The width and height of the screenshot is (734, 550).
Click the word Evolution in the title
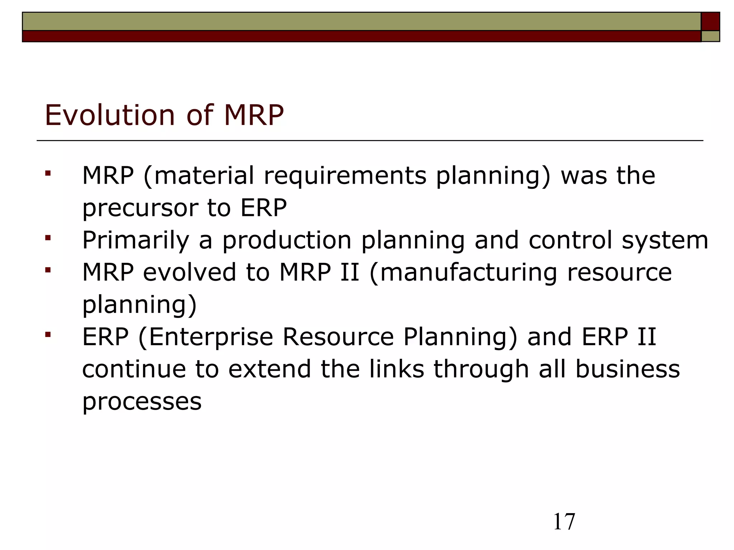coord(110,115)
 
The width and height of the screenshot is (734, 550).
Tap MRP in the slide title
coord(254,115)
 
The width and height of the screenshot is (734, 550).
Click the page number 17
coord(564,522)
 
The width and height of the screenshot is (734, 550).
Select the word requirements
coord(345,176)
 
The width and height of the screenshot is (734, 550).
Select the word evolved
coord(190,272)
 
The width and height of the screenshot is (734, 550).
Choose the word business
coord(628,369)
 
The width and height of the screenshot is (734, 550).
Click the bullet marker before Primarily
coord(48,238)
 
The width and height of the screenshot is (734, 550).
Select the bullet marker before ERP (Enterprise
coord(48,335)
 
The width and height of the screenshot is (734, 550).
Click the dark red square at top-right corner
coord(710,21)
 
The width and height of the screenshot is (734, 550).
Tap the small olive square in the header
coord(710,36)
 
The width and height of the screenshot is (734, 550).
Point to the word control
coord(571,241)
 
